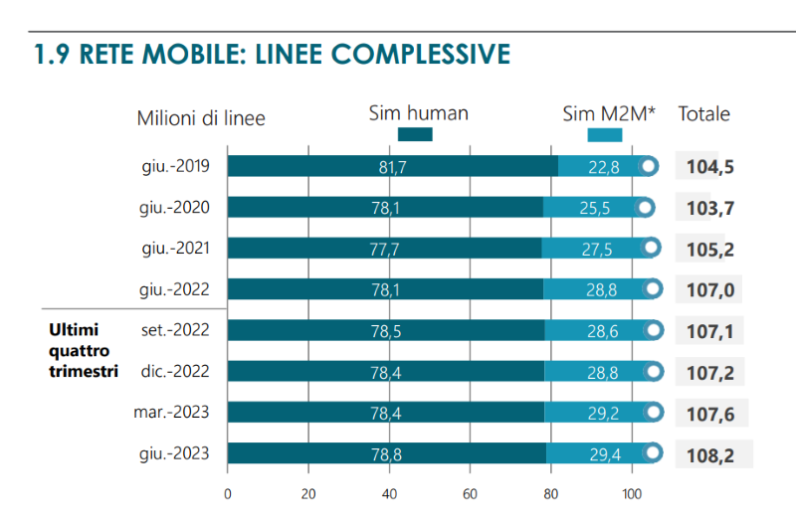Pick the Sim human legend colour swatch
[415, 134]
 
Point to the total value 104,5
[710, 166]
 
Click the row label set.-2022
[175, 330]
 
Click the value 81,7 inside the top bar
[393, 167]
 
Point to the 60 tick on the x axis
[471, 493]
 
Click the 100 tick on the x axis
[632, 493]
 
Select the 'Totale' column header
[704, 113]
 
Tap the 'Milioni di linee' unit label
[201, 118]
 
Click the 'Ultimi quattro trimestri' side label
[83, 350]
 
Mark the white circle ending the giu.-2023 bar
[652, 454]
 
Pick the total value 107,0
[710, 289]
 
